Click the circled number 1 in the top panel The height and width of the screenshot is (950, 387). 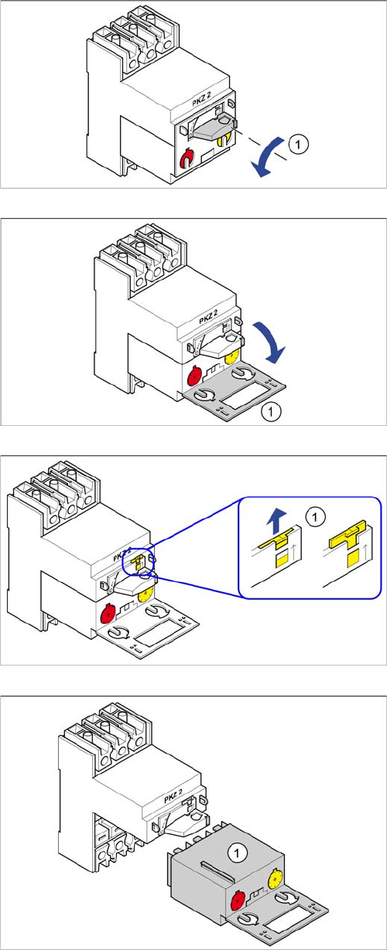[x=298, y=145]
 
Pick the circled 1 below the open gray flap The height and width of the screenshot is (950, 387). [x=271, y=411]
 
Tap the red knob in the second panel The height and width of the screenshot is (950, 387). [x=195, y=374]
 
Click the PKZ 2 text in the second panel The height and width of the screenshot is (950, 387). [x=208, y=317]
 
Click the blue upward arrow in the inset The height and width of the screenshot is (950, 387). [x=276, y=522]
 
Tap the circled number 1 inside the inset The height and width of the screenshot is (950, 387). [x=315, y=517]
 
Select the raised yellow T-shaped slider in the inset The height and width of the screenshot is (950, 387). [x=348, y=533]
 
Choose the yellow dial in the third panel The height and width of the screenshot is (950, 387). [x=146, y=595]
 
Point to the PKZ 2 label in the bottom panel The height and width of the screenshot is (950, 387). [x=173, y=797]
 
